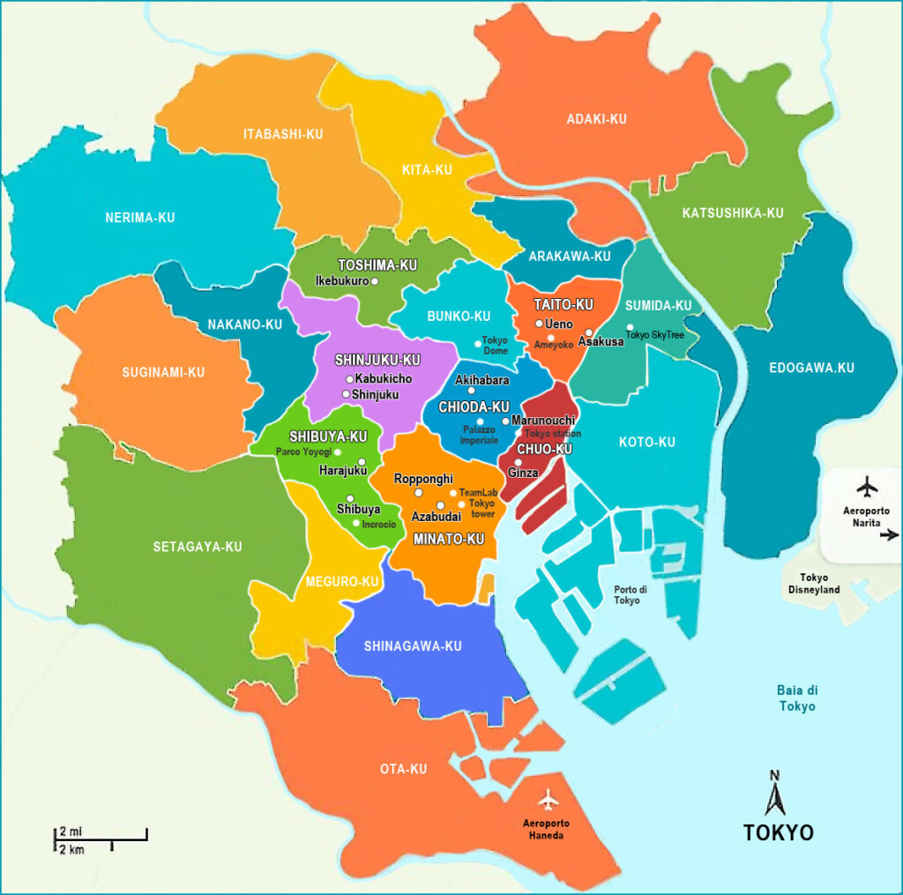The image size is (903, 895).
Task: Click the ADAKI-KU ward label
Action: (597, 119)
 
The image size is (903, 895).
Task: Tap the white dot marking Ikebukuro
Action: (375, 281)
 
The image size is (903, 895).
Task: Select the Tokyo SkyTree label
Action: (655, 335)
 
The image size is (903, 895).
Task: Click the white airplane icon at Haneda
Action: (549, 800)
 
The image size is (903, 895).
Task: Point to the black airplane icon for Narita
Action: (868, 486)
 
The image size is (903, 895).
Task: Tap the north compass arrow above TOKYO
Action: (775, 795)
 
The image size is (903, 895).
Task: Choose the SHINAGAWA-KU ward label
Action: (413, 646)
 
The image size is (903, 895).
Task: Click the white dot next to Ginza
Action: (519, 462)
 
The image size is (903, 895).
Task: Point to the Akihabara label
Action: (481, 380)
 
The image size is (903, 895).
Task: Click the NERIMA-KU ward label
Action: (139, 218)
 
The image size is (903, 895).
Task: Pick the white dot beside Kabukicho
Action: (349, 379)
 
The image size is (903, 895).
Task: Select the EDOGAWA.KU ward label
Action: (811, 368)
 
